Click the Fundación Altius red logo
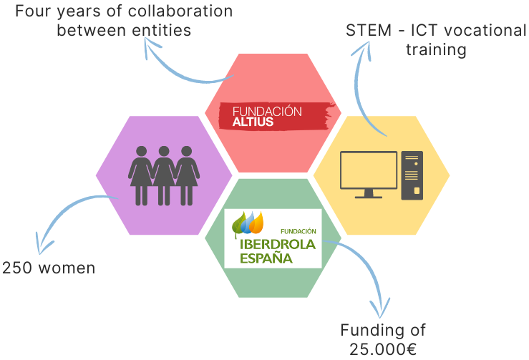[x=276, y=116]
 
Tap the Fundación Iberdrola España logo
[x=273, y=238]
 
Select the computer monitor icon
[x=369, y=175]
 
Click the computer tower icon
[x=412, y=175]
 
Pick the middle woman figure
[x=164, y=175]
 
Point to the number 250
[x=17, y=268]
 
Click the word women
[x=67, y=268]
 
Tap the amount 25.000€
[x=383, y=349]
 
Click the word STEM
[x=369, y=30]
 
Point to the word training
[x=436, y=50]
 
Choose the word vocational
[x=485, y=30]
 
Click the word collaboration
[x=180, y=11]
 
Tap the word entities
[x=161, y=30]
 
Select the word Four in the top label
[x=33, y=11]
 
